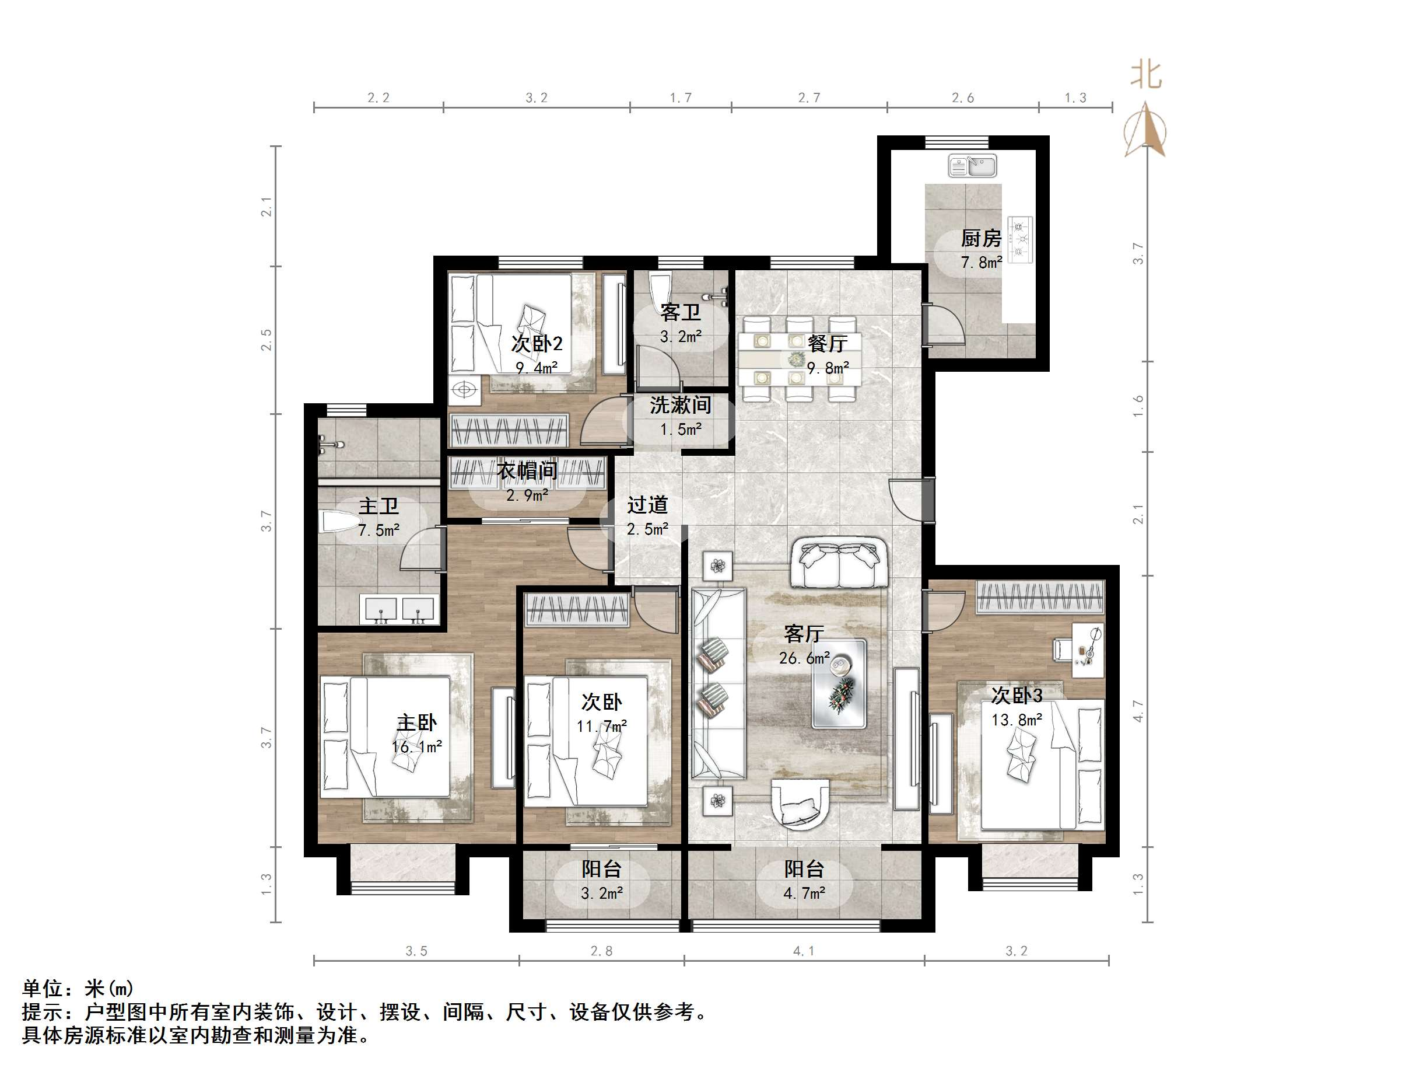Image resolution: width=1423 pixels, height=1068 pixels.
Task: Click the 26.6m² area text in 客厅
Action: [804, 658]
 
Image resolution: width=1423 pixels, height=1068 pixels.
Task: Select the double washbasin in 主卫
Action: [399, 609]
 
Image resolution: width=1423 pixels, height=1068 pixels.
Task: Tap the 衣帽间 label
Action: [526, 470]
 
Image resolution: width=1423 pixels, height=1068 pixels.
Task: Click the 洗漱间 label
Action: [680, 405]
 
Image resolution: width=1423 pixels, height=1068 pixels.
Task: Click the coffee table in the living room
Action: [839, 683]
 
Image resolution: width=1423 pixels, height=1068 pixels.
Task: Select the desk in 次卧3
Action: [1088, 649]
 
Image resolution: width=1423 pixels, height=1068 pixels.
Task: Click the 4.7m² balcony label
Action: [804, 893]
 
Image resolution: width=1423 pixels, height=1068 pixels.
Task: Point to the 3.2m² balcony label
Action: [601, 893]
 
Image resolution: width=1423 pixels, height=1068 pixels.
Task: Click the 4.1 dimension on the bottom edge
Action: [804, 951]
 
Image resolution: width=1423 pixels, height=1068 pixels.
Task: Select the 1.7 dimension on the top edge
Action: [680, 98]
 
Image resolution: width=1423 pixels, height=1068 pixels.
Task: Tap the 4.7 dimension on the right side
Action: [1138, 711]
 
